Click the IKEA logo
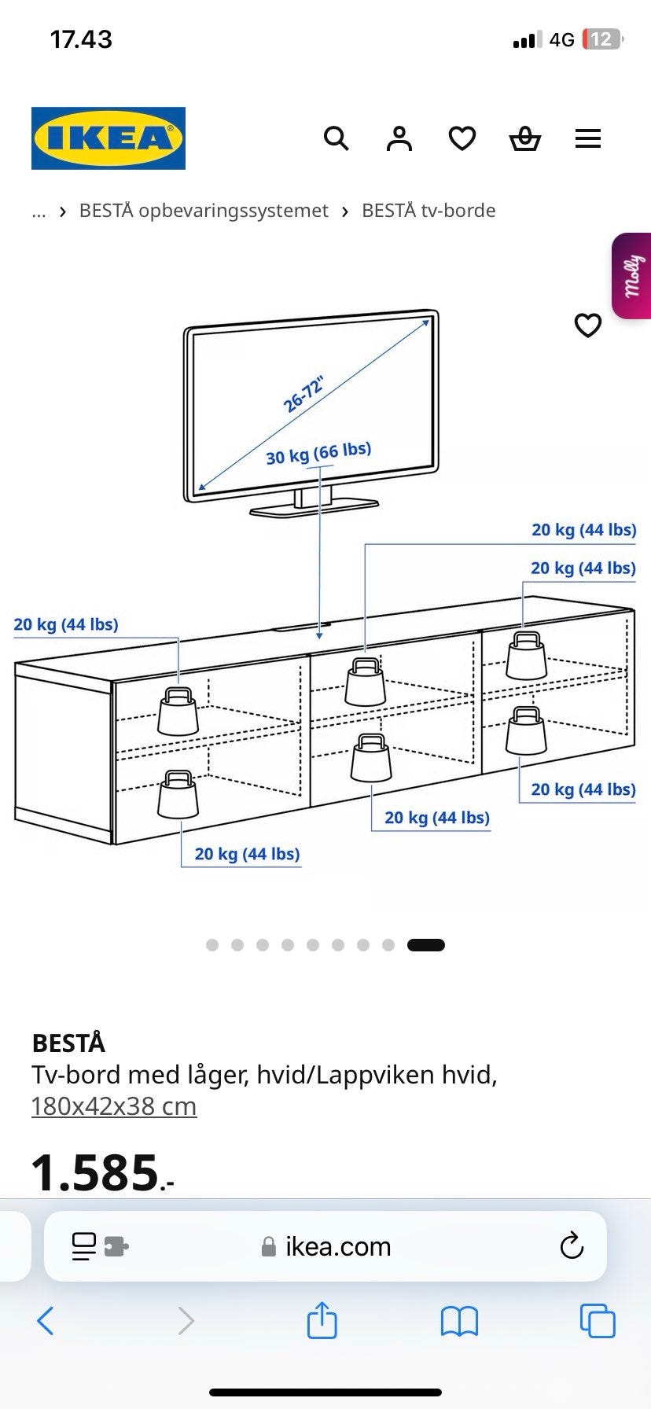pyautogui.click(x=108, y=138)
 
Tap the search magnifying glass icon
pyautogui.click(x=337, y=139)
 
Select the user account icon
pyautogui.click(x=399, y=139)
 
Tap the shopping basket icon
pyautogui.click(x=525, y=139)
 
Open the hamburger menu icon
pyautogui.click(x=588, y=139)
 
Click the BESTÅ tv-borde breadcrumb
pyautogui.click(x=428, y=211)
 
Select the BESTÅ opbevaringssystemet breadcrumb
pyautogui.click(x=204, y=211)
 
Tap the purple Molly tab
pyautogui.click(x=631, y=276)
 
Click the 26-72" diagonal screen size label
pyautogui.click(x=303, y=395)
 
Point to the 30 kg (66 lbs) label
pyautogui.click(x=318, y=453)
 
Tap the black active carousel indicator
pyautogui.click(x=426, y=945)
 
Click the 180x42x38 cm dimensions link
pyautogui.click(x=114, y=1106)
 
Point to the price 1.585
pyautogui.click(x=102, y=1172)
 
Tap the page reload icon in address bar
pyautogui.click(x=572, y=1246)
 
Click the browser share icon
pyautogui.click(x=322, y=1320)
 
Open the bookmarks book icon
pyautogui.click(x=460, y=1322)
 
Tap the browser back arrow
pyautogui.click(x=46, y=1321)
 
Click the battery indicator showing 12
pyautogui.click(x=602, y=39)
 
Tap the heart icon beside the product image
pyautogui.click(x=588, y=325)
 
